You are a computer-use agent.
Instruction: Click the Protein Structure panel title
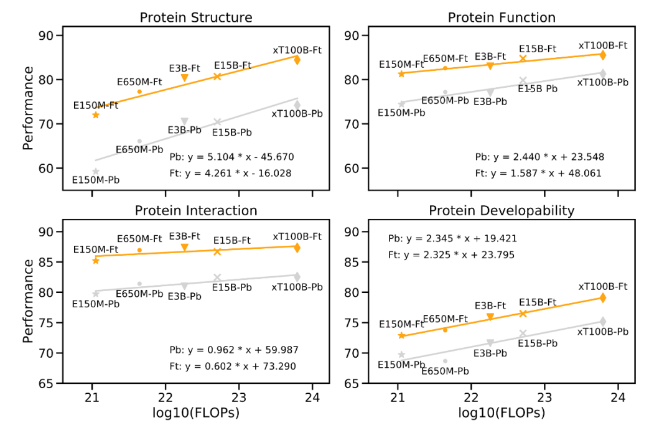[196, 17]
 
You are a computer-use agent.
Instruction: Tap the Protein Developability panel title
[502, 210]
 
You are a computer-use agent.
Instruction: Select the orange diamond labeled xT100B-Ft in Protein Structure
[297, 60]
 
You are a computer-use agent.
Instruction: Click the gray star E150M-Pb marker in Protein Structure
[96, 171]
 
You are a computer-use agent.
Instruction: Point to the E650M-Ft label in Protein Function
[445, 58]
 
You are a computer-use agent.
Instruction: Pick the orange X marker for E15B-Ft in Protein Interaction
[217, 251]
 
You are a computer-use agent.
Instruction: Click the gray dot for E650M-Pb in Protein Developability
[445, 361]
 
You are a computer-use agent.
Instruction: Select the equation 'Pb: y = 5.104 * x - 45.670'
[232, 157]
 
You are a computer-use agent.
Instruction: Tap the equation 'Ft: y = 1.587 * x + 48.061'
[539, 173]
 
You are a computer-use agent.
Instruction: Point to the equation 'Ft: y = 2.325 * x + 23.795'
[452, 254]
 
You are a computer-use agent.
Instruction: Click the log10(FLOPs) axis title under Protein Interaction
[196, 413]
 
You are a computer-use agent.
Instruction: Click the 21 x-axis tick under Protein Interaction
[92, 397]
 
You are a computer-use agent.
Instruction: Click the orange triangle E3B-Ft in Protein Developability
[490, 317]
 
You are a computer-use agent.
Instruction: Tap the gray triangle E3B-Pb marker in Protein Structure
[184, 121]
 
